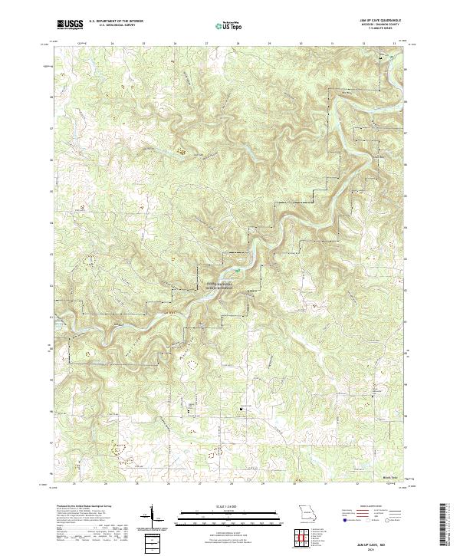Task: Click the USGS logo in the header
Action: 71,24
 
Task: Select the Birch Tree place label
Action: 390,476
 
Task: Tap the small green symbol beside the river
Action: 237,270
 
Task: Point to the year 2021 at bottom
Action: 376,548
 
